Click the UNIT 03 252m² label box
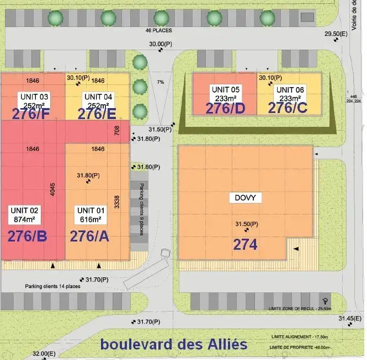click(34, 101)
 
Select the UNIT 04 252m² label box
click(98, 101)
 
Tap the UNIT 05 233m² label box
click(225, 93)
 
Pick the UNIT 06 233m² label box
click(290, 94)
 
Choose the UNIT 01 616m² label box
click(91, 214)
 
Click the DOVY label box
click(245, 197)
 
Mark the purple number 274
click(246, 244)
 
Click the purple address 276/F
click(34, 114)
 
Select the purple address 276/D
click(225, 108)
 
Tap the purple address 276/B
click(27, 236)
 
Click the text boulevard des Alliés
click(173, 345)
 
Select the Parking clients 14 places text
click(53, 287)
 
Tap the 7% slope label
click(161, 82)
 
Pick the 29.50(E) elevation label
click(336, 34)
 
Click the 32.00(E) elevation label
click(45, 353)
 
